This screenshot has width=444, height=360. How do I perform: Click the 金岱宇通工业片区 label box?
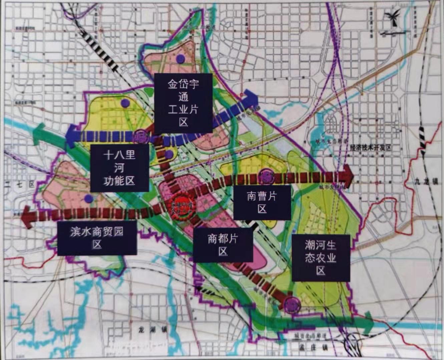183,103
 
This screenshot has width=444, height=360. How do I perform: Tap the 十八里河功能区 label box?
119,168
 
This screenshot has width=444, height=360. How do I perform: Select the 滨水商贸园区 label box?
97,238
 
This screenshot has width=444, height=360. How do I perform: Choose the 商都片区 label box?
223,245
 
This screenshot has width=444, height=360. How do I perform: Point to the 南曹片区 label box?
262,202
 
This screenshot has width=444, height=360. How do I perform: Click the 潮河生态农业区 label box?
321,258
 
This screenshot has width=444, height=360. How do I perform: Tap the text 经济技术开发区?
370,147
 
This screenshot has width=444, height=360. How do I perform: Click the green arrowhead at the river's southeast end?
369,323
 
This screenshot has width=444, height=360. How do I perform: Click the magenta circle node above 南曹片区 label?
266,176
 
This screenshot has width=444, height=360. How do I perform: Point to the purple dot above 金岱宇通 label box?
180,59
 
